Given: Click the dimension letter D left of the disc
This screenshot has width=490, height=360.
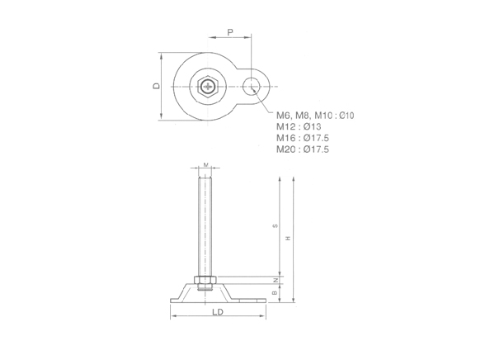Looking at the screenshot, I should click(x=156, y=86).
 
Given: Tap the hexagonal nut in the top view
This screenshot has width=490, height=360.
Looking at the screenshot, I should click(x=208, y=86).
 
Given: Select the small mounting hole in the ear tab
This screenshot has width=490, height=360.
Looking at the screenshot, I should click(x=253, y=83).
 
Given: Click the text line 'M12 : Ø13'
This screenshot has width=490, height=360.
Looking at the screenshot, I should click(x=299, y=126).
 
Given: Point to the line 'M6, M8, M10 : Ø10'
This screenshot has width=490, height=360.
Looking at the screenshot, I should click(x=314, y=114).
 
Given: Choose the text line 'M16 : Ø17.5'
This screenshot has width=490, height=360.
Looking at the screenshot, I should click(x=302, y=138).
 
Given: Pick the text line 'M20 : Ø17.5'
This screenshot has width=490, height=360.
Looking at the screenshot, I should click(x=302, y=149).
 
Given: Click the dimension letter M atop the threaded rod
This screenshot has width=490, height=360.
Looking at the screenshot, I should click(x=205, y=164).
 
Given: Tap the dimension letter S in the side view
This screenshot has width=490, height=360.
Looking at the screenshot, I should click(x=275, y=226).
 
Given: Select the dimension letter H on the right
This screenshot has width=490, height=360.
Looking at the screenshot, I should click(x=288, y=239).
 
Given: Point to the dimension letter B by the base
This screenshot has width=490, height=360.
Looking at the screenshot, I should click(x=275, y=293).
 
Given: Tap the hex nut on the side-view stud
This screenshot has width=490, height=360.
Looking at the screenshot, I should click(x=205, y=280).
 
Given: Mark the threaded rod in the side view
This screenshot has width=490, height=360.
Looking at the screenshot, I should click(x=205, y=223).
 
